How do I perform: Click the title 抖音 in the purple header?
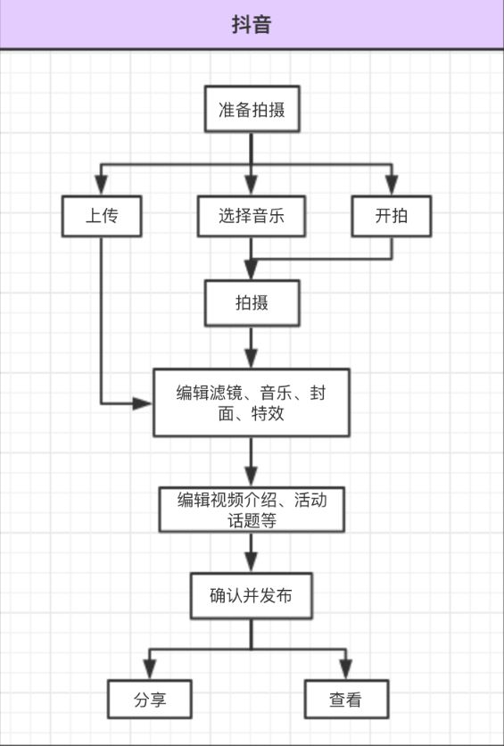coord(252,25)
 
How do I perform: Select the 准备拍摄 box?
coord(252,109)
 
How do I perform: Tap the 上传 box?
coord(102,216)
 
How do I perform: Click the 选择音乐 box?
coord(251,216)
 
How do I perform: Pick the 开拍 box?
coord(392,216)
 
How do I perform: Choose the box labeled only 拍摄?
coord(252,303)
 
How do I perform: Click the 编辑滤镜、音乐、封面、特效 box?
coord(251,402)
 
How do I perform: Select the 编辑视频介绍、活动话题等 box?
coord(252,510)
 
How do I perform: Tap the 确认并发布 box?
coord(252,596)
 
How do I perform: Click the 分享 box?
coord(150,699)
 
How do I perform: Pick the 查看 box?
coord(346,699)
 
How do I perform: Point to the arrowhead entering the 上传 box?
coord(102,186)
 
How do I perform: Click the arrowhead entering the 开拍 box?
coord(392,186)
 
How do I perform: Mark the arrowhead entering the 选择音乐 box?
coord(251,186)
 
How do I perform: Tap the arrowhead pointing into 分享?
coord(150,670)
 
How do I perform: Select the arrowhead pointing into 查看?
coord(346,670)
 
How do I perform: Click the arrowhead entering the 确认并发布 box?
coord(252,563)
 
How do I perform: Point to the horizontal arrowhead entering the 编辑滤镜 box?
coord(142,404)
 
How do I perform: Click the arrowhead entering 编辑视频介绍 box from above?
coord(251,477)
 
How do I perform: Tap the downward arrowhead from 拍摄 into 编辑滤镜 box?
coord(251,358)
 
